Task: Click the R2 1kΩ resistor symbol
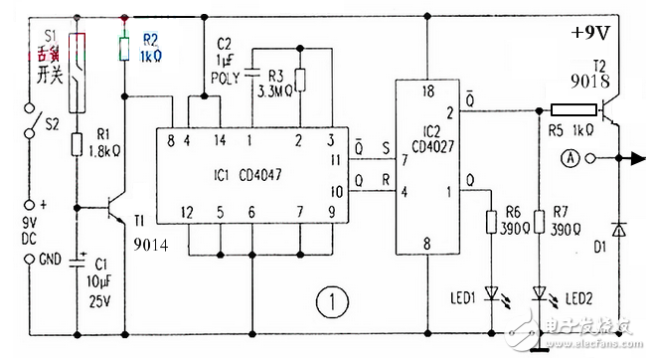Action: point(124,47)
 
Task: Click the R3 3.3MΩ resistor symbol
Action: point(299,80)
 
